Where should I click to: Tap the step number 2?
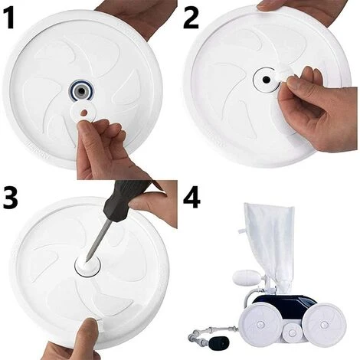point(191,18)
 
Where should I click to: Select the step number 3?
point(10,197)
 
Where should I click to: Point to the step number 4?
point(192,197)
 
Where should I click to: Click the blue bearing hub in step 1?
point(81,90)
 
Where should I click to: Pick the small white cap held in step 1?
point(83,111)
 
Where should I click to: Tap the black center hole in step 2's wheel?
point(267,80)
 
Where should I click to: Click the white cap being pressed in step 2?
point(283,76)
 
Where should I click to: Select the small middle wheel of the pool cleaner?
point(292,333)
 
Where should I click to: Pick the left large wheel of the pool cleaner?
point(260,325)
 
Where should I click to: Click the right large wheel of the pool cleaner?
point(324,325)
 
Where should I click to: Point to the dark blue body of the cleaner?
point(284,306)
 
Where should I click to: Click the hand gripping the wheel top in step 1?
point(136,18)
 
